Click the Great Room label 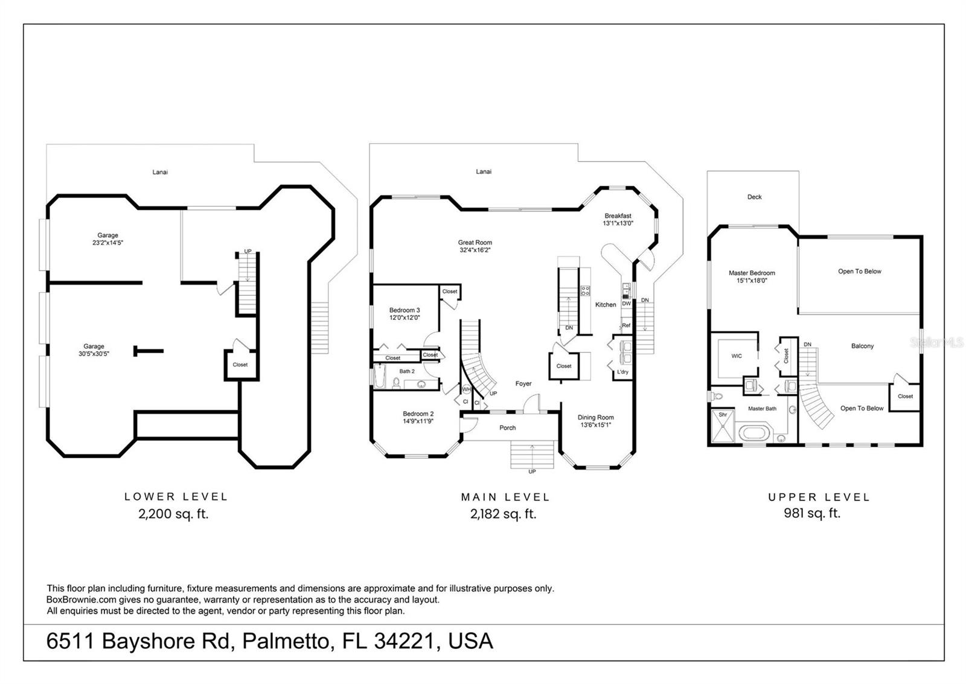click(x=475, y=246)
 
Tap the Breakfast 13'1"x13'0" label click(x=618, y=219)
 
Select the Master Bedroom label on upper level click(x=752, y=276)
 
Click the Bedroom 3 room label click(x=404, y=313)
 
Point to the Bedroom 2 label click(x=418, y=417)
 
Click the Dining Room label click(x=595, y=421)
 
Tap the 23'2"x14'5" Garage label click(x=107, y=239)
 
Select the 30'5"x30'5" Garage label click(x=94, y=350)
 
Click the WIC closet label click(x=737, y=356)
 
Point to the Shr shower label click(x=723, y=415)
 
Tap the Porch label click(x=507, y=427)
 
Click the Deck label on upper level click(x=754, y=197)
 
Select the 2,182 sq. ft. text click(x=503, y=514)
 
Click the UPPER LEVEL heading click(x=819, y=497)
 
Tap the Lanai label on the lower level click(x=160, y=172)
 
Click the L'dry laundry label click(x=622, y=372)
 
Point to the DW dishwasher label click(x=626, y=304)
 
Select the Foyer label click(x=523, y=384)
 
